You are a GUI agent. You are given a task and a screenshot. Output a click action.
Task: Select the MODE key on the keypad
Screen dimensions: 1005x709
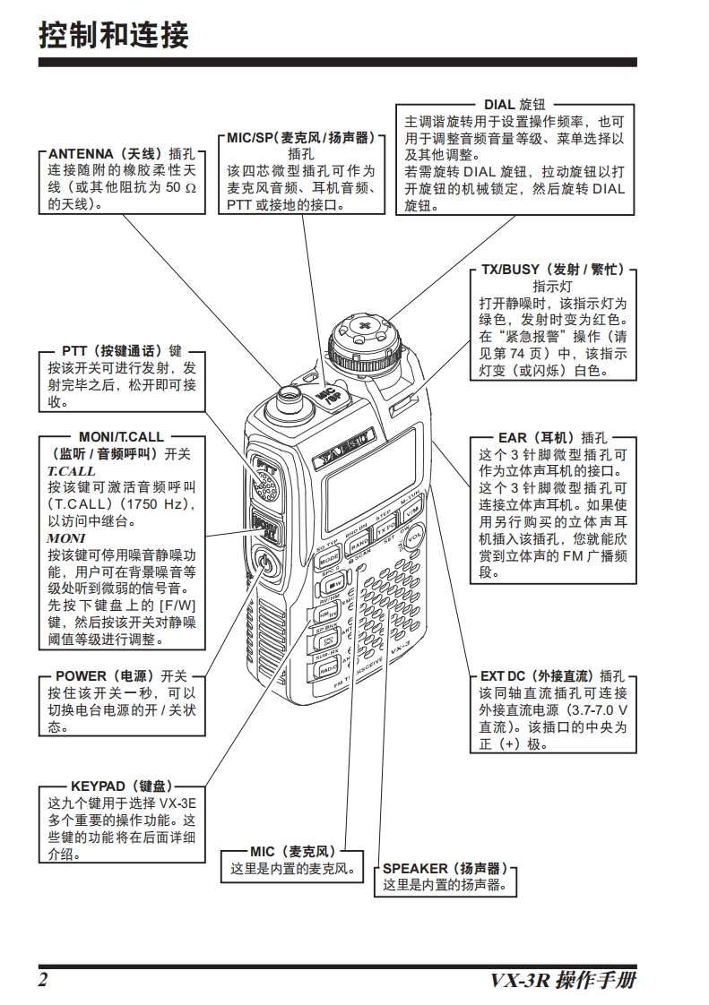[329, 559]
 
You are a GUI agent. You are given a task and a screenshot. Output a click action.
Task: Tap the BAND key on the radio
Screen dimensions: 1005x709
[359, 543]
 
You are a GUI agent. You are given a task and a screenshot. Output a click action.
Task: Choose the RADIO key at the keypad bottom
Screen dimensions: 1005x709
[329, 669]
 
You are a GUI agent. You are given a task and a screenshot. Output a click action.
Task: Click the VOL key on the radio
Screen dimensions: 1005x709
[414, 539]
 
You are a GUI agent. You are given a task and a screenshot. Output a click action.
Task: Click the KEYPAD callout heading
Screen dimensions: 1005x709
[120, 786]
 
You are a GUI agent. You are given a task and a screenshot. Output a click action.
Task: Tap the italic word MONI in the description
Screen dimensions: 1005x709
[65, 537]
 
